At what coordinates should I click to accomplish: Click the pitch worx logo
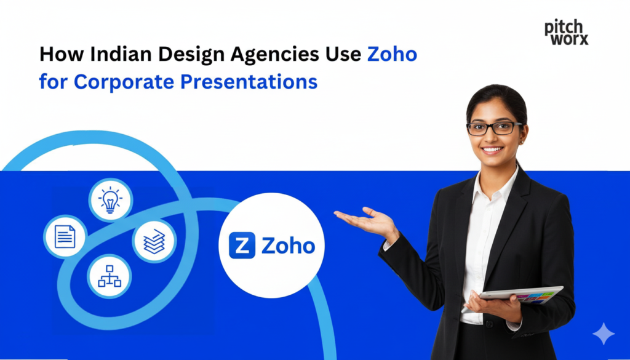click(566, 32)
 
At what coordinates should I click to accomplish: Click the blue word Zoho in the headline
click(392, 54)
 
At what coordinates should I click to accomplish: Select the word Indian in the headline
click(117, 54)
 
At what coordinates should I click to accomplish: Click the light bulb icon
click(110, 201)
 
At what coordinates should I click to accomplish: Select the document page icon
click(65, 236)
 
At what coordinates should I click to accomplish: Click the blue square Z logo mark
click(242, 246)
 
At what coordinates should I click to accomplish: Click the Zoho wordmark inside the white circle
click(288, 246)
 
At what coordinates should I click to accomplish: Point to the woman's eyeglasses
click(494, 128)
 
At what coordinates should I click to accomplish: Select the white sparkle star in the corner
click(604, 334)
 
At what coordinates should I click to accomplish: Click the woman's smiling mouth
click(492, 150)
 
